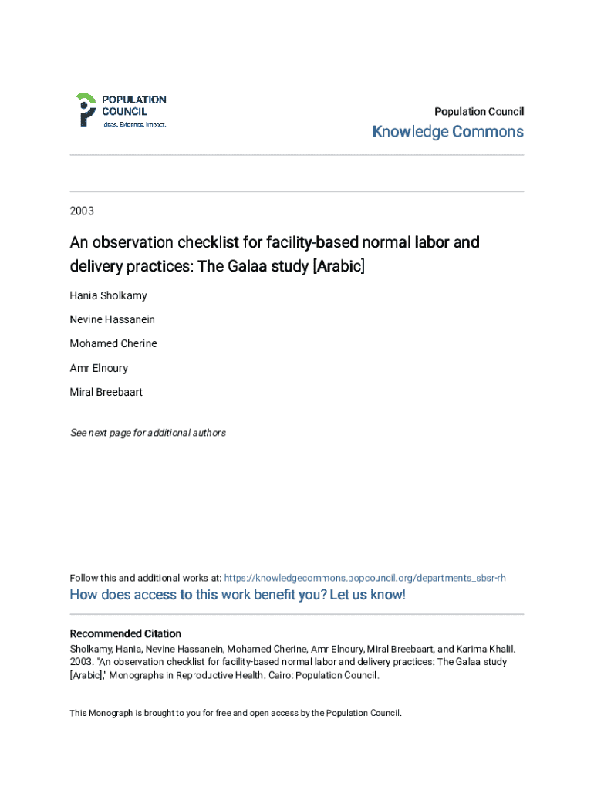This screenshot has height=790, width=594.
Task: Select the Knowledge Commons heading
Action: [447, 132]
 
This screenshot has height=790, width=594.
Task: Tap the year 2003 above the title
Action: [82, 210]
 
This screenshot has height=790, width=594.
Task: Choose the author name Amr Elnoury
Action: [99, 368]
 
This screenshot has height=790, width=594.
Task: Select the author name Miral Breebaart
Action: [106, 392]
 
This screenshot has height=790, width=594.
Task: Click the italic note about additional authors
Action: [148, 433]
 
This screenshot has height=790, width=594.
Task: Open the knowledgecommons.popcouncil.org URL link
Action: [365, 578]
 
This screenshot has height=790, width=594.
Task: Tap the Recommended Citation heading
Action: [126, 634]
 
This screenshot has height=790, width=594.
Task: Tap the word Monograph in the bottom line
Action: [110, 714]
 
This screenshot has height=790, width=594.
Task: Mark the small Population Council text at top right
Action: [479, 111]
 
